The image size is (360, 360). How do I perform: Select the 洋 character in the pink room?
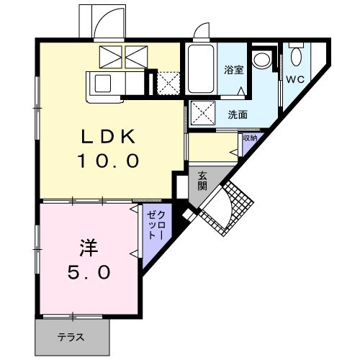click(x=87, y=249)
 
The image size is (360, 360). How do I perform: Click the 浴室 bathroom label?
click(x=234, y=71)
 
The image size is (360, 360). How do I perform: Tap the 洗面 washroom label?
click(x=238, y=114)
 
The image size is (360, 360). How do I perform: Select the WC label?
click(x=296, y=78)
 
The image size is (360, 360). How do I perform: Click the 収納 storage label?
click(x=250, y=138)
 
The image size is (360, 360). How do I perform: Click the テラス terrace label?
click(x=71, y=336)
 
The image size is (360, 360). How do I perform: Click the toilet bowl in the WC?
click(x=296, y=55)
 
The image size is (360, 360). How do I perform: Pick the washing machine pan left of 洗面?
click(x=202, y=113)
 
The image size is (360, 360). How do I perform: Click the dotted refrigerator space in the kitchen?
click(x=168, y=83)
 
